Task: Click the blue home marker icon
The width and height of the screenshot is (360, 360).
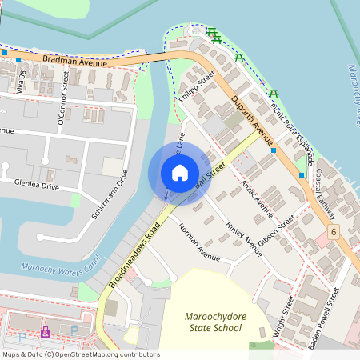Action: click(180, 172)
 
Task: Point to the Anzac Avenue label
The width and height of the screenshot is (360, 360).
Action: click(256, 198)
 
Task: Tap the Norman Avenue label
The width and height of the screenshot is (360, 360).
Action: click(198, 244)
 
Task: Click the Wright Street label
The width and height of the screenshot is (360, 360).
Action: click(289, 315)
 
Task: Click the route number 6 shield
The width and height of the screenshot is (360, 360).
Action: click(333, 231)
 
